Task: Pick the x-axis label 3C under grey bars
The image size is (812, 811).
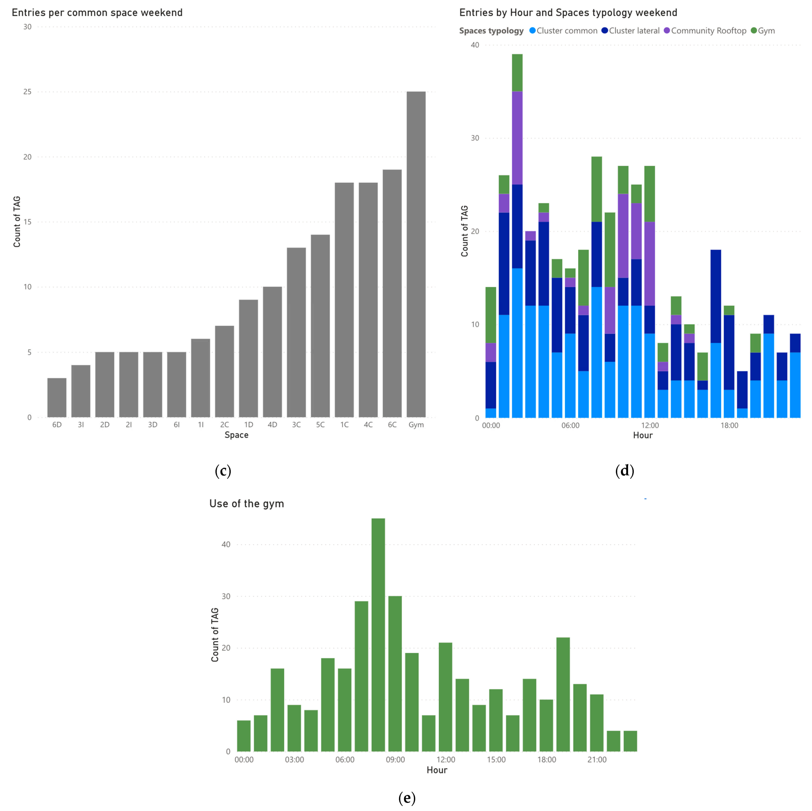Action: pyautogui.click(x=296, y=425)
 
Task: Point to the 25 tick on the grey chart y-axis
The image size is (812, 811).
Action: pyautogui.click(x=27, y=92)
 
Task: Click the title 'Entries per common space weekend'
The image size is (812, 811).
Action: pyautogui.click(x=97, y=13)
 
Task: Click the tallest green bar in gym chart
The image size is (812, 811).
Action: pyautogui.click(x=378, y=635)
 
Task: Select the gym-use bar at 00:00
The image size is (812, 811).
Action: pyautogui.click(x=244, y=735)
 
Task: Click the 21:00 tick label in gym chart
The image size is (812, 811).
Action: pyautogui.click(x=597, y=760)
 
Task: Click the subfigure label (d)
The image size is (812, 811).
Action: pyautogui.click(x=625, y=471)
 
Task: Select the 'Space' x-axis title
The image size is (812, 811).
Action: pyautogui.click(x=236, y=435)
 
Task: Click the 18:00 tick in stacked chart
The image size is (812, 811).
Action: pyautogui.click(x=729, y=425)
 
